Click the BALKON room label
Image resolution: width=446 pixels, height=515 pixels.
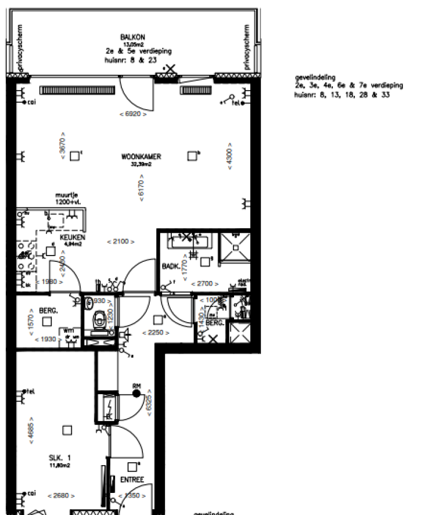(128, 37)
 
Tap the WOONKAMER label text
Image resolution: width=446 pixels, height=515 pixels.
(141, 157)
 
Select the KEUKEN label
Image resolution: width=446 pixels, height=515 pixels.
(77, 238)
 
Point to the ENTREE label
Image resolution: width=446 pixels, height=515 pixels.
(132, 480)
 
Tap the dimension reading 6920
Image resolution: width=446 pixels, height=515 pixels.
(132, 114)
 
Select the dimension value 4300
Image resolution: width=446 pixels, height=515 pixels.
(229, 156)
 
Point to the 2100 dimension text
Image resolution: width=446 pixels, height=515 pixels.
(121, 242)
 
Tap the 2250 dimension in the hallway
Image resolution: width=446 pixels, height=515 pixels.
(157, 333)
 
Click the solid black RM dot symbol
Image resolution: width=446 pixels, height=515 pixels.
(136, 393)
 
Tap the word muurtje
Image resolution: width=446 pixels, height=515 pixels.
(66, 195)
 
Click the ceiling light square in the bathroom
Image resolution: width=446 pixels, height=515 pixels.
(204, 262)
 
